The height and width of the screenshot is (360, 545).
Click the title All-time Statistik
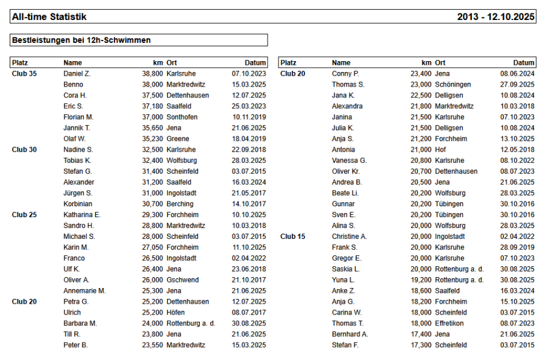pyautogui.click(x=49, y=17)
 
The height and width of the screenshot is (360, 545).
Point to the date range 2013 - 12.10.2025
pyautogui.click(x=496, y=17)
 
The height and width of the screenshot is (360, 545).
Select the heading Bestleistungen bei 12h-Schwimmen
pyautogui.click(x=81, y=40)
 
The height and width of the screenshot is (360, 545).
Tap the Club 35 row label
pyautogui.click(x=24, y=73)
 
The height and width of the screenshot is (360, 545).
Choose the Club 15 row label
pyautogui.click(x=292, y=237)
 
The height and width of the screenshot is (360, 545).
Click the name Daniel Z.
pyautogui.click(x=77, y=73)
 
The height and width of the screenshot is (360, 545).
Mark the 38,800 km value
pyautogui.click(x=152, y=73)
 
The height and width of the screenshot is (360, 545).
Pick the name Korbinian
pyautogui.click(x=78, y=204)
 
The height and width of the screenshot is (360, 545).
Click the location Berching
pyautogui.click(x=180, y=204)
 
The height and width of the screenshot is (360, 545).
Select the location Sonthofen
pyautogui.click(x=182, y=117)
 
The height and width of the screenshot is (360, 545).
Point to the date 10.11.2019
pyautogui.click(x=249, y=117)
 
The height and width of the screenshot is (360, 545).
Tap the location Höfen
pyautogui.click(x=176, y=313)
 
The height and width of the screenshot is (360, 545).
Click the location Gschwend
pyautogui.click(x=182, y=280)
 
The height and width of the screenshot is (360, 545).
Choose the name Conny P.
pyautogui.click(x=345, y=73)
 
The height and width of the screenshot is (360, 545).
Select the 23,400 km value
pyautogui.click(x=421, y=73)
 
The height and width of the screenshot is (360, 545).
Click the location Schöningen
pyautogui.click(x=452, y=84)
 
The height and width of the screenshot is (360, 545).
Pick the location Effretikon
pyautogui.click(x=451, y=324)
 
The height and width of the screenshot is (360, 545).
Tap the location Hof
pyautogui.click(x=441, y=149)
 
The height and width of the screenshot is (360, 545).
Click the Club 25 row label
pyautogui.click(x=24, y=215)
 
